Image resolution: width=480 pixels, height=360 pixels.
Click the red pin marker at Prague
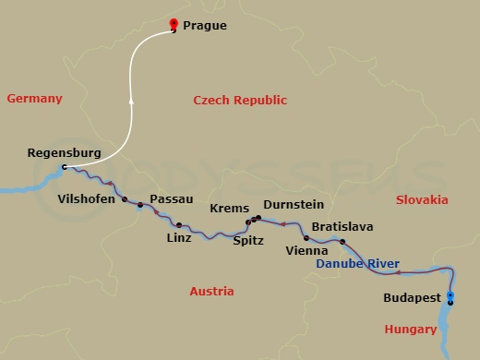click(x=174, y=25)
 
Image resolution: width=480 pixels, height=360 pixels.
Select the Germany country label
click(x=34, y=99)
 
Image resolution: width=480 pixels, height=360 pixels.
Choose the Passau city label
click(x=172, y=198)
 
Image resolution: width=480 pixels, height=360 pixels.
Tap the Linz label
click(x=179, y=237)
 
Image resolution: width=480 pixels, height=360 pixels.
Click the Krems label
click(x=230, y=209)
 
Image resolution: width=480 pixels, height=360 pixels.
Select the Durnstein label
click(x=294, y=205)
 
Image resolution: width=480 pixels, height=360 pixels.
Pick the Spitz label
click(x=248, y=240)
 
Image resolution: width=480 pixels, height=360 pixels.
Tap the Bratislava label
click(x=343, y=226)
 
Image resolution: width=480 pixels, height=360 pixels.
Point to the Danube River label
click(x=358, y=265)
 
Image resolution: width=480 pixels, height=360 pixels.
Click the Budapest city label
click(x=411, y=297)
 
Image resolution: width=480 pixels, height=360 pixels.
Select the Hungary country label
click(x=411, y=330)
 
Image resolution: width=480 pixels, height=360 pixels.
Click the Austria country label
click(x=211, y=291)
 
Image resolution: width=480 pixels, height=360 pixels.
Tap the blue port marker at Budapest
click(x=450, y=297)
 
